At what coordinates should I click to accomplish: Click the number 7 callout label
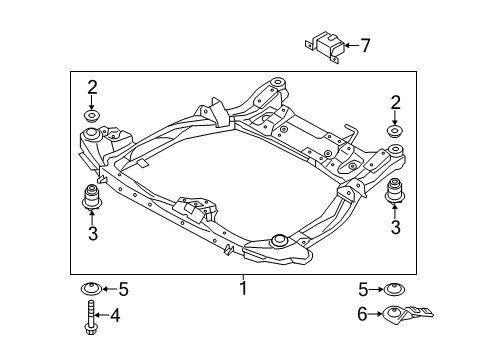coord(365,45)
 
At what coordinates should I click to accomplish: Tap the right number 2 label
coord(396,102)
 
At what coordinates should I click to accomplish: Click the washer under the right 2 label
coord(396,132)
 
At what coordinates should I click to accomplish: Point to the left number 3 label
coord(92,235)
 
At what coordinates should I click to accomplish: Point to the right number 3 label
coord(396,228)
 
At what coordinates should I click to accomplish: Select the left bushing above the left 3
coord(92,197)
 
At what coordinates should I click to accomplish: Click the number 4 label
coord(116,317)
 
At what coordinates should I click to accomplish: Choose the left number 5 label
coord(123,290)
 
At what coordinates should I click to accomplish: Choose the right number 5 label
coord(364,290)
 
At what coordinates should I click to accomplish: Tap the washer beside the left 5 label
coord(91,291)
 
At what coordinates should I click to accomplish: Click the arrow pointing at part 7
coord(350,46)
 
